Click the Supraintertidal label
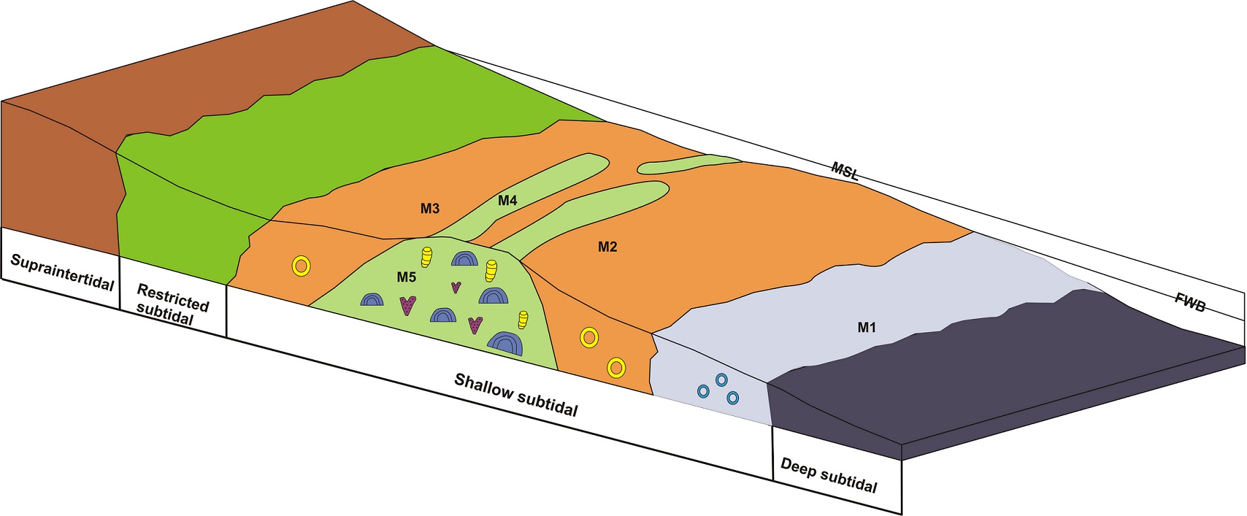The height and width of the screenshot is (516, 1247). point(62,272)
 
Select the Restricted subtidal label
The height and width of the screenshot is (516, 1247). point(172,304)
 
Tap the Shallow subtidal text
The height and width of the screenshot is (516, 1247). point(516,394)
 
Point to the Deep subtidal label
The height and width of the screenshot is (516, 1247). point(829,475)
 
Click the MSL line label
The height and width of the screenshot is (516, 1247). point(844,170)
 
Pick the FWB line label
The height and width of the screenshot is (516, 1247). point(1190,303)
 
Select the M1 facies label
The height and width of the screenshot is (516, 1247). point(866,328)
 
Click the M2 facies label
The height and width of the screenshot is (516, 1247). point(607,247)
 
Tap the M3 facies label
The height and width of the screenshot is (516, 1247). point(430,209)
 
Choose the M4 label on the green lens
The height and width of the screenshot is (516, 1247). point(507,201)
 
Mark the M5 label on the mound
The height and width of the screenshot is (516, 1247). point(406,277)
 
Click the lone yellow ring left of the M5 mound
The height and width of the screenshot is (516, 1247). point(301,266)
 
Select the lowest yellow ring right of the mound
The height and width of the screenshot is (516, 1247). point(616,368)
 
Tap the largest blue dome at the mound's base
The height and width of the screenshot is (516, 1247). point(505,343)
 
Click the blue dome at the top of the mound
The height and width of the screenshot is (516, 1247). point(464,258)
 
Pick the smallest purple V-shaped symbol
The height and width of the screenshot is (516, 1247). point(456,287)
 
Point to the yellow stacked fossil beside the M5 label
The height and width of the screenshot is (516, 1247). point(426,257)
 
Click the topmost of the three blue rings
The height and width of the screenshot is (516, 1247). point(721,380)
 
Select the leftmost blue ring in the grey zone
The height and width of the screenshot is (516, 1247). point(703,391)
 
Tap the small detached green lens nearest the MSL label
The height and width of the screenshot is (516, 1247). point(688,164)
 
